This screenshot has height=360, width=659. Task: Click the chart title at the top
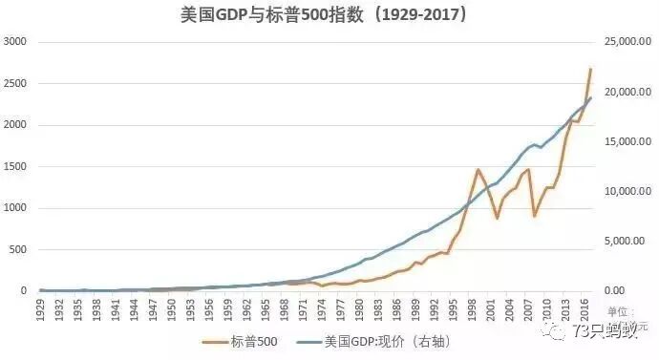329,16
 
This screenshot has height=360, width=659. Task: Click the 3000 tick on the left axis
15,42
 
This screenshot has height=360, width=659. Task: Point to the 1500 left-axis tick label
15,166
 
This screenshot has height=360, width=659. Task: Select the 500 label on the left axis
18,249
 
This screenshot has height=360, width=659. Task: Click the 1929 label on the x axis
41,308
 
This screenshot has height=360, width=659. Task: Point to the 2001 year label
490,308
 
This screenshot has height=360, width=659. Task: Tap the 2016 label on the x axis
584,308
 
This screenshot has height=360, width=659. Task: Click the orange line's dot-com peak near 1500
478,170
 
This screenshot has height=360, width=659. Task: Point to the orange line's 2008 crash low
534,216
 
